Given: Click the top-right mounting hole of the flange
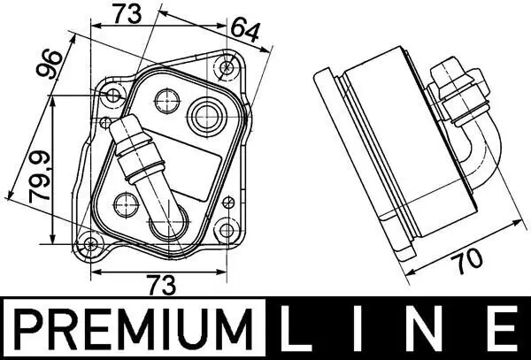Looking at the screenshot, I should [228, 65].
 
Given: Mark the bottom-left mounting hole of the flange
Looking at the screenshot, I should [92, 245].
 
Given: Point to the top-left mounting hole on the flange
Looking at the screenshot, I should [112, 95].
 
